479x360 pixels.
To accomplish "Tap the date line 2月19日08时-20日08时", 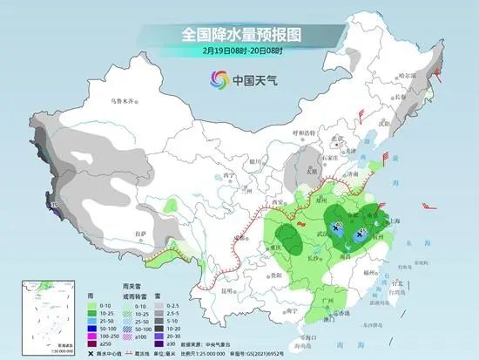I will tap(239, 51).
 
